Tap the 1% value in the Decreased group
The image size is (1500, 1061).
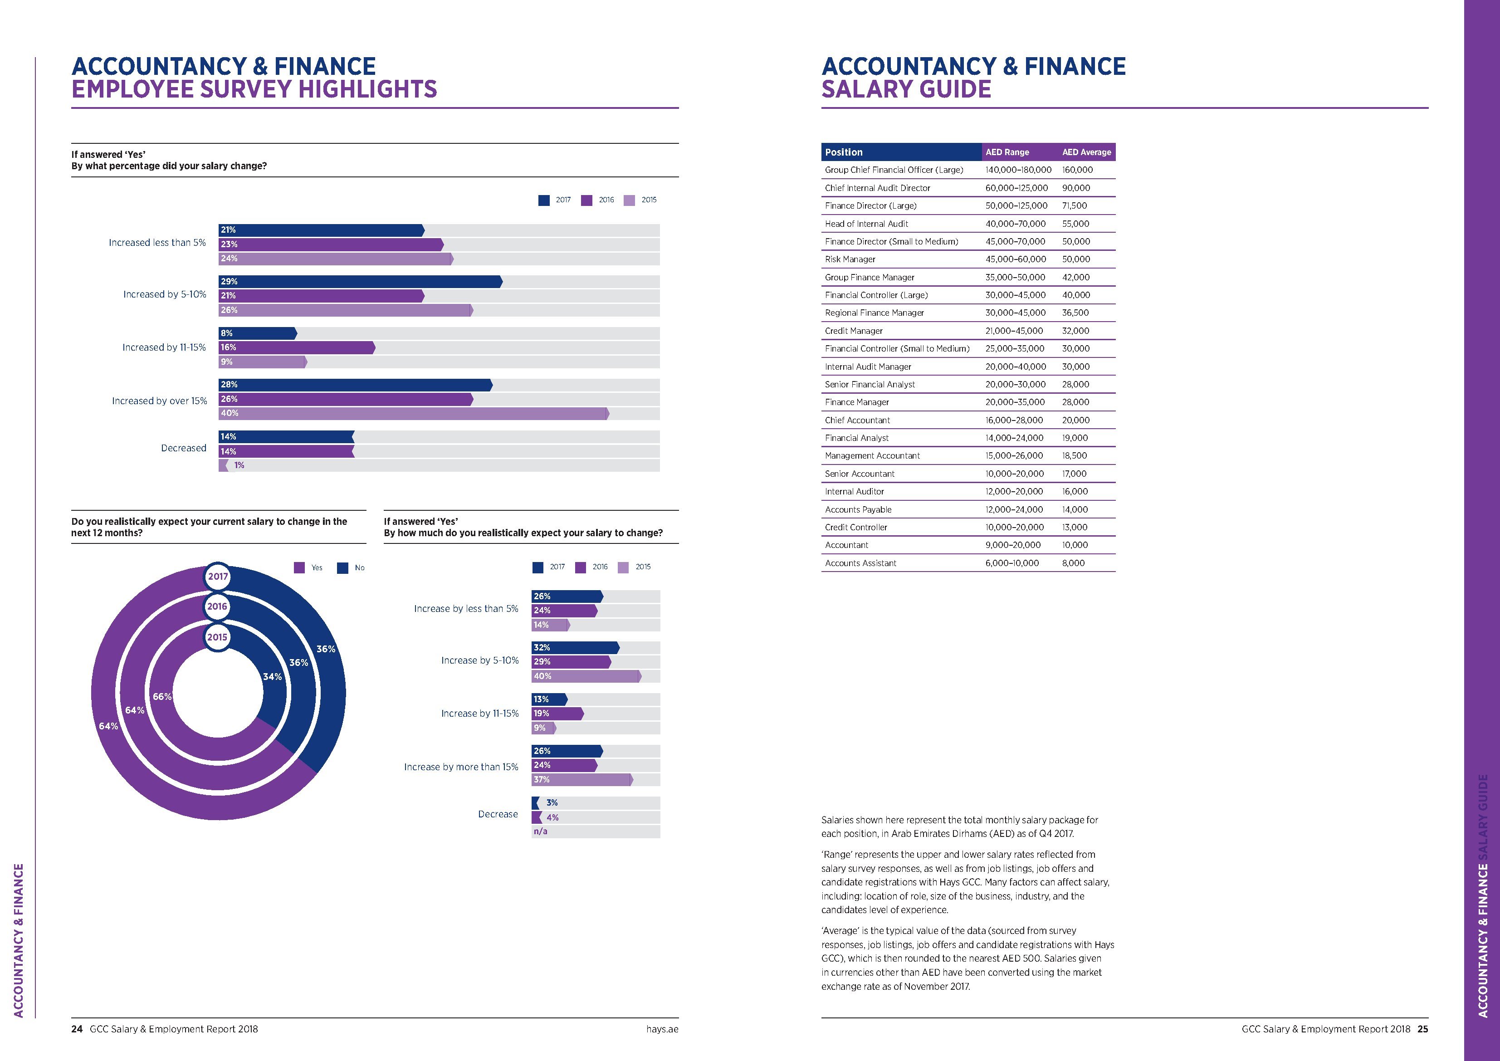click(x=239, y=465)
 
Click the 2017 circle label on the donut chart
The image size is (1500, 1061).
click(x=218, y=576)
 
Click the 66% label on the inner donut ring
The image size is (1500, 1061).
click(x=162, y=696)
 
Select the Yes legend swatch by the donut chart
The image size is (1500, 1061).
click(x=299, y=568)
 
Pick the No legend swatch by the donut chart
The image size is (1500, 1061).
click(x=342, y=568)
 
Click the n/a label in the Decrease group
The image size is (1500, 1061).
click(x=540, y=831)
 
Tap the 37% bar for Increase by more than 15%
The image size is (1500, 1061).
click(x=582, y=779)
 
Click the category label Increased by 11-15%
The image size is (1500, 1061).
click(x=164, y=347)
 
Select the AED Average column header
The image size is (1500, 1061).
click(x=1086, y=152)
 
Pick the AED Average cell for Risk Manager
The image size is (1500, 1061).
click(x=1076, y=259)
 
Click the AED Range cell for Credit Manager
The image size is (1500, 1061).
click(x=1014, y=331)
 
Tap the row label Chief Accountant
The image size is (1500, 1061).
click(x=857, y=420)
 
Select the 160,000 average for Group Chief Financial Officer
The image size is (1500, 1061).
click(x=1077, y=170)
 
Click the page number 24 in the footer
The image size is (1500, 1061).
click(x=77, y=1029)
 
